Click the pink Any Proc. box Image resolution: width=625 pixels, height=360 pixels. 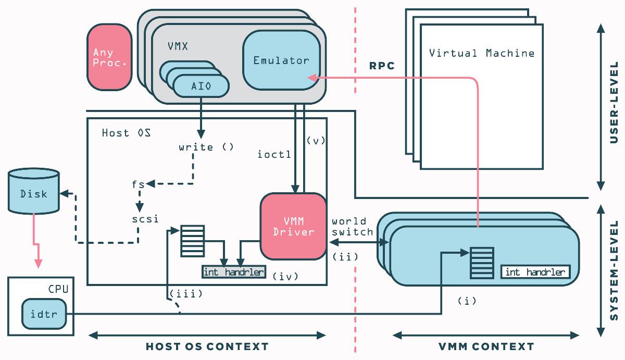[x=110, y=57]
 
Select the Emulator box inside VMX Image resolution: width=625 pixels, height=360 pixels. [x=282, y=60]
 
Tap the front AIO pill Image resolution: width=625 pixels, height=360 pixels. [x=201, y=86]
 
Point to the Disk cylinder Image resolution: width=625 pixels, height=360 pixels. [x=33, y=191]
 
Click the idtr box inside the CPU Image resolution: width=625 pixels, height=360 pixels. [x=44, y=314]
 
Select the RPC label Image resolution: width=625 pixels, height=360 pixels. [x=382, y=66]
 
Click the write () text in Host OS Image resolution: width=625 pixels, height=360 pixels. [x=206, y=147]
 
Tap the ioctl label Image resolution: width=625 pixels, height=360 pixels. [x=274, y=154]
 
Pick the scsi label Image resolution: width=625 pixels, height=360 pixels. [x=145, y=219]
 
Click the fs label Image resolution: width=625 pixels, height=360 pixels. [x=138, y=184]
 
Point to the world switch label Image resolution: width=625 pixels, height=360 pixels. [x=352, y=227]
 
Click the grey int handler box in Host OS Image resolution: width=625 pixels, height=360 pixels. [x=234, y=272]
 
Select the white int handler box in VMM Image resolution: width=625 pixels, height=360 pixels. [x=535, y=272]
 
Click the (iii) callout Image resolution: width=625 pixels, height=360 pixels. [x=186, y=294]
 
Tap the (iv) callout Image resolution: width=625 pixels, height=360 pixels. [x=285, y=276]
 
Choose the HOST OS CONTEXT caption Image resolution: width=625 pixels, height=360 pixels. [x=207, y=346]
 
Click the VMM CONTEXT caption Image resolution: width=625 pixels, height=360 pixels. [x=486, y=346]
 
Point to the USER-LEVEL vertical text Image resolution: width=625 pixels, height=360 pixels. [x=614, y=103]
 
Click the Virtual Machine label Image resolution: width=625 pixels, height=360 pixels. [x=482, y=53]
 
